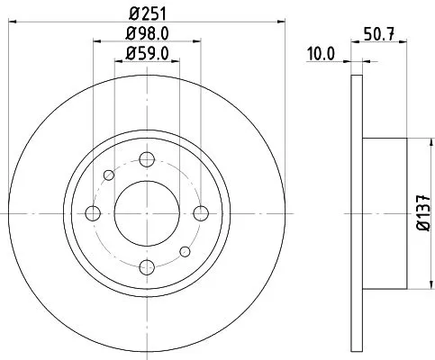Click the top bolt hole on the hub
click(146, 159)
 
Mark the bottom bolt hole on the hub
click(146, 266)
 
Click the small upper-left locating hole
click(108, 175)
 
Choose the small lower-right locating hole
click(184, 251)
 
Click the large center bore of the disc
click(146, 213)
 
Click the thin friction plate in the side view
click(354, 213)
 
